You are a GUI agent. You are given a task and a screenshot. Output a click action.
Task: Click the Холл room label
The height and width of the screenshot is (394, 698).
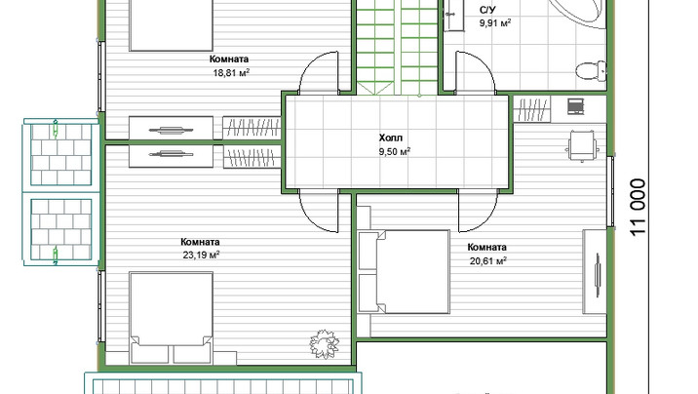[x=390, y=138]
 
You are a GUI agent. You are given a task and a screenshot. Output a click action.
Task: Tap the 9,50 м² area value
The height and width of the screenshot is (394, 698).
[x=395, y=151]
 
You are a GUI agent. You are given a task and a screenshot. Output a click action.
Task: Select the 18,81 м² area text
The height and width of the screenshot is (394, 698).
[x=231, y=72]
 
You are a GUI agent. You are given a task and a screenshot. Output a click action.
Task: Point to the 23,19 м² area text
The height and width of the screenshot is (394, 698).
[x=201, y=256]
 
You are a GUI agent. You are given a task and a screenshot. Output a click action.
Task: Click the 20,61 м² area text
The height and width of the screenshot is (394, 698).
[x=487, y=260]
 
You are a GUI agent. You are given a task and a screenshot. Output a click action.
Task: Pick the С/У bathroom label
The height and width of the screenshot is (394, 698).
[x=487, y=10]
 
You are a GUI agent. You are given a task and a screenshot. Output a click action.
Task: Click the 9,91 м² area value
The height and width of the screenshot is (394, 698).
[x=495, y=22]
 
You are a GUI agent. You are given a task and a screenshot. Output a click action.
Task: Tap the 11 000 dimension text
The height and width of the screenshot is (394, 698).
[x=638, y=207]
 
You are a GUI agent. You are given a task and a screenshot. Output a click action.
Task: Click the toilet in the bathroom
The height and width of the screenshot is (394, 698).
[x=591, y=70]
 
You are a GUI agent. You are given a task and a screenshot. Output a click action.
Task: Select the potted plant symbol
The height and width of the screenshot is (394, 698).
[x=324, y=343]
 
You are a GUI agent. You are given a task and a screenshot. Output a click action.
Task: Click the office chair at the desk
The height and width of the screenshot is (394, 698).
[x=582, y=145]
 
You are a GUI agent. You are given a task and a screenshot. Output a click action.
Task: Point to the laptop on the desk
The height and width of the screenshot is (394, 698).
[x=575, y=107]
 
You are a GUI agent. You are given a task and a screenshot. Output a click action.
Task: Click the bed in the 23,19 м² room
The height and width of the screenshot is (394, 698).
[x=171, y=318]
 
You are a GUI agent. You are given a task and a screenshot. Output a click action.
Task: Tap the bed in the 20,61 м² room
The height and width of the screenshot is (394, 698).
[x=405, y=271]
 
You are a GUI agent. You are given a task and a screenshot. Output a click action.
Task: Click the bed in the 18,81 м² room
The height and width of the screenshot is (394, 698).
[x=171, y=25]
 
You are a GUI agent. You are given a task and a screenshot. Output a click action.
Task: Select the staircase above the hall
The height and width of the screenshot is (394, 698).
[x=398, y=47]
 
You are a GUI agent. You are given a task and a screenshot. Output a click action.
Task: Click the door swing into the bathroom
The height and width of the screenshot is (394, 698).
[x=475, y=72]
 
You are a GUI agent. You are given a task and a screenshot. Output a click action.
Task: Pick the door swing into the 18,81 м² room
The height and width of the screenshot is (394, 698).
[x=319, y=72]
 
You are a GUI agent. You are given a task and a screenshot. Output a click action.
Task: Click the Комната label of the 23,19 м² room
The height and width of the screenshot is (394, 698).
[x=200, y=242]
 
